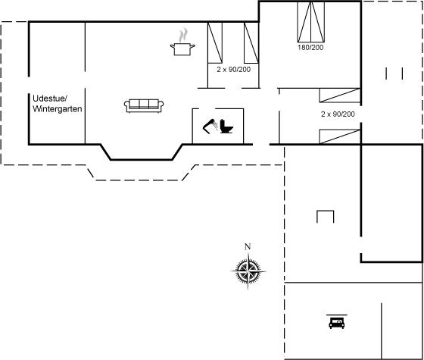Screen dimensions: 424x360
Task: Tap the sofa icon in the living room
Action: [144, 105]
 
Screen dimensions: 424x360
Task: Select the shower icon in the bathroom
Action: [210, 127]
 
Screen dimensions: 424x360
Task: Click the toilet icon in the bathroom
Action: [226, 127]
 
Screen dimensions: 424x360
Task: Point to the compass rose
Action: [248, 271]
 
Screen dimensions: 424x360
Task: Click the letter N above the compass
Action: [248, 246]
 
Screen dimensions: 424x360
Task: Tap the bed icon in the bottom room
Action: [337, 322]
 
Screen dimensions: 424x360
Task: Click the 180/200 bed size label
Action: [310, 47]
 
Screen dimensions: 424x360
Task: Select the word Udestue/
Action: [50, 99]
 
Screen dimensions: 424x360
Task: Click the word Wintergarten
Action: [58, 109]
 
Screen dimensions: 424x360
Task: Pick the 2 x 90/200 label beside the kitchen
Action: [234, 70]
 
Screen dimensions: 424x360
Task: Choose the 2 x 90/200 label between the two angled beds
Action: [338, 114]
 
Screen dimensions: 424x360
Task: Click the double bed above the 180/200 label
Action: [311, 22]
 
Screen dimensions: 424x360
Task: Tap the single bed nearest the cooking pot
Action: [215, 42]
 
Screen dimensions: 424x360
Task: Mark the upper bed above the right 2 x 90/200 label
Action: [340, 95]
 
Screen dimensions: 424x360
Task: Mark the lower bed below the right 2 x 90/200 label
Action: [340, 136]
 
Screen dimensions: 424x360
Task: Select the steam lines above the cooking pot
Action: [183, 35]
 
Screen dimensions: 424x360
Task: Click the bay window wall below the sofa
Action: [142, 160]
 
